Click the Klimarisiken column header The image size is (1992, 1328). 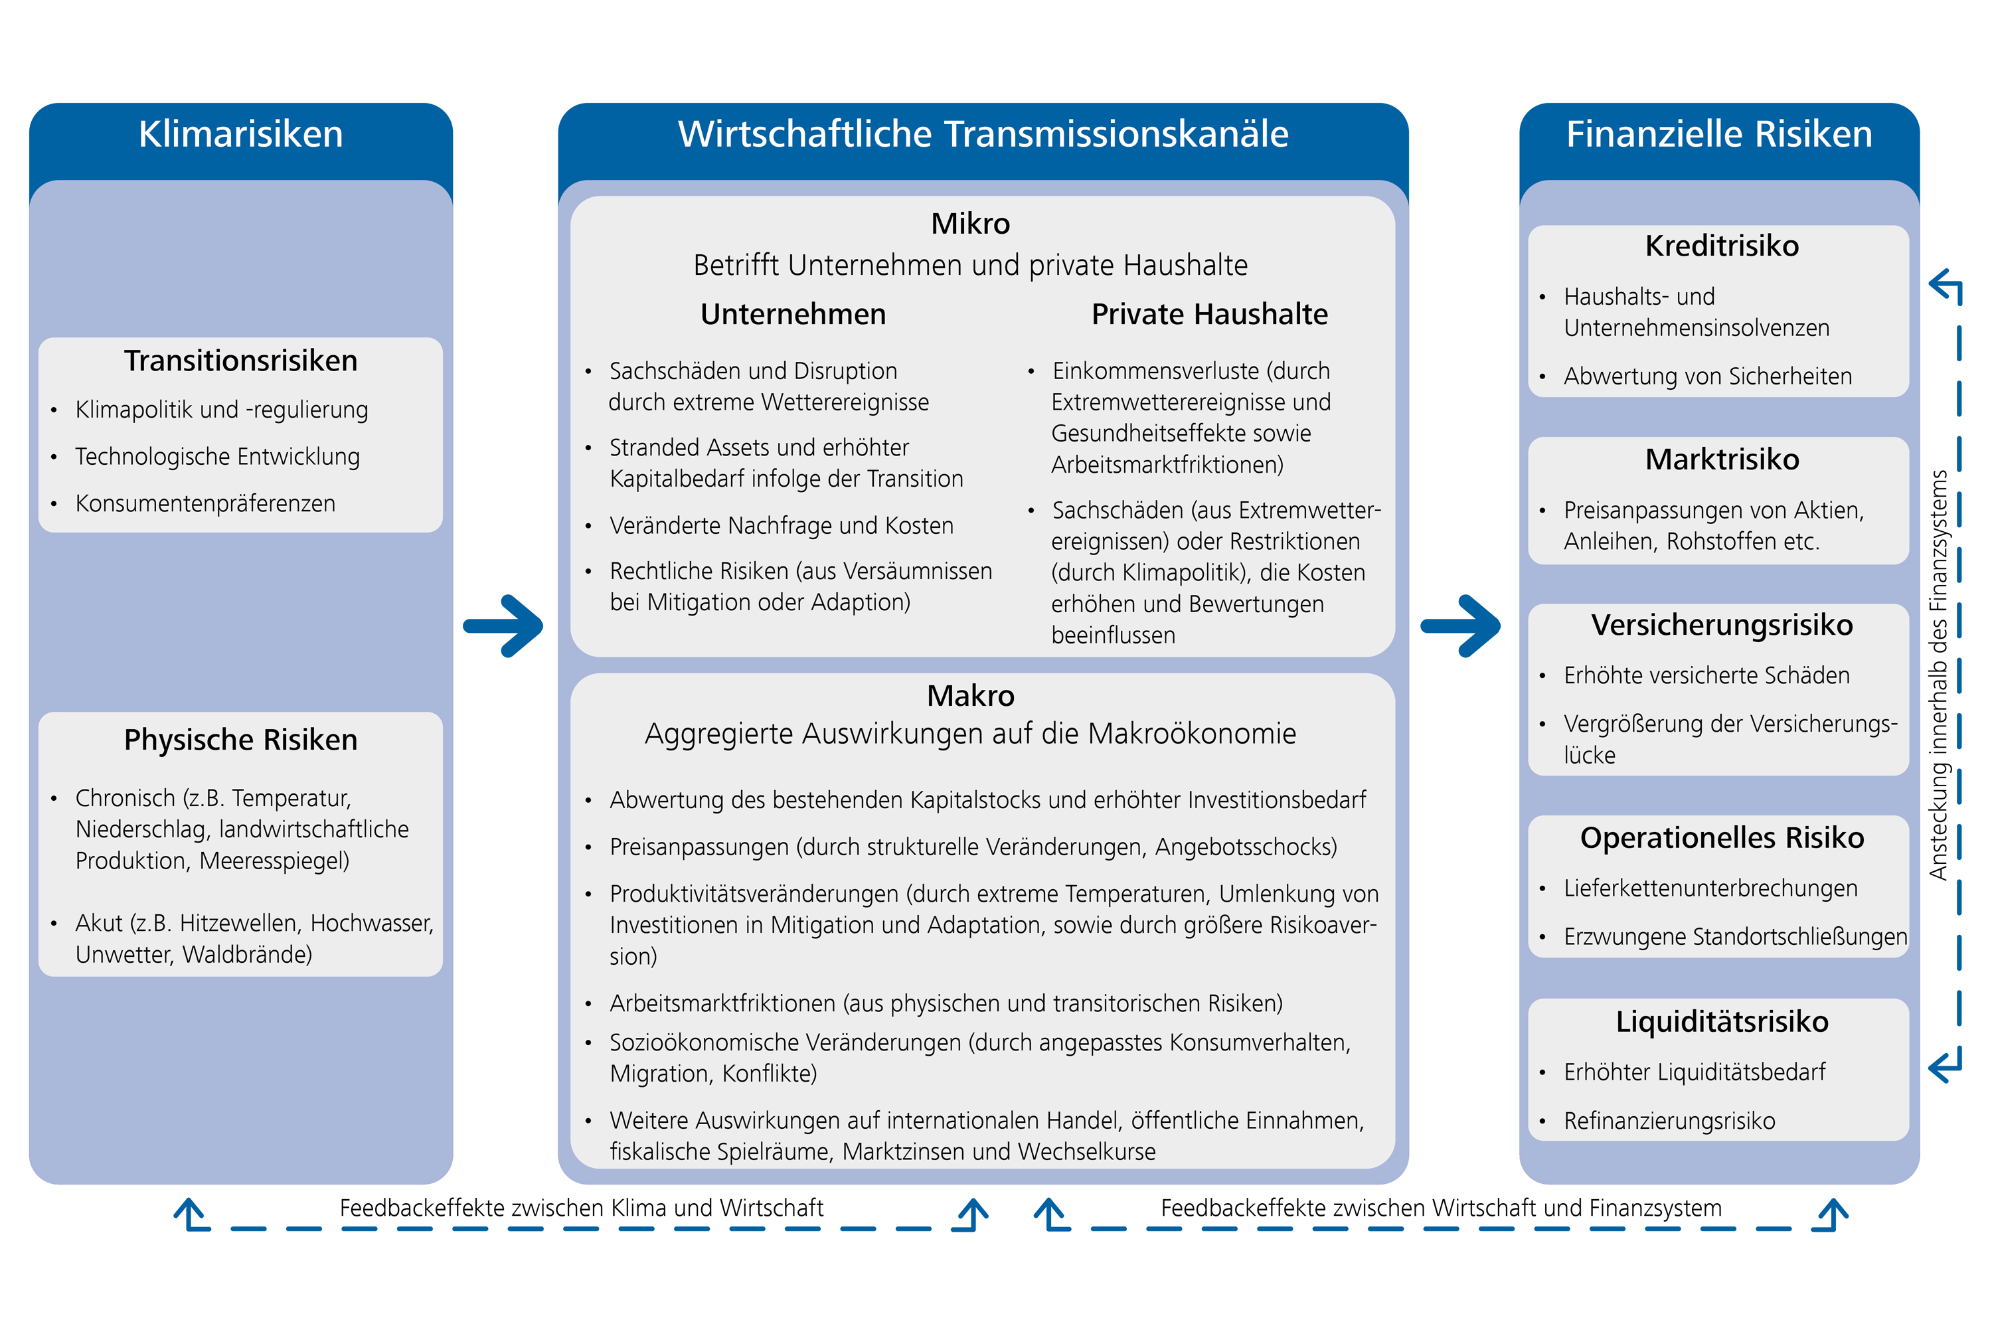pos(240,135)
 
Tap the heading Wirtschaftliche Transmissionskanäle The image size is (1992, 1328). pos(983,135)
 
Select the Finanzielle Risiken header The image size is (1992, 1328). pos(1718,135)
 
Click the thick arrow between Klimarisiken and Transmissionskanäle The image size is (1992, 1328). pos(505,626)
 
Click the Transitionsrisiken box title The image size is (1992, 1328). pos(240,361)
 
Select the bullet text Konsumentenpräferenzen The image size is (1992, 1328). pos(205,503)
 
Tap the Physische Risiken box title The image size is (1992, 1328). pos(240,740)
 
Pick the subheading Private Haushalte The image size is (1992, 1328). pos(1208,314)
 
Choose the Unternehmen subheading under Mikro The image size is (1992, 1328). pos(793,314)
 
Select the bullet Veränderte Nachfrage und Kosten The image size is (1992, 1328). pos(781,526)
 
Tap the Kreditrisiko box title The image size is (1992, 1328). pos(1721,246)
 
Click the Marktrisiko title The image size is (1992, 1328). pos(1721,459)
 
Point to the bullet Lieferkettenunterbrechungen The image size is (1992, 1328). pos(1710,888)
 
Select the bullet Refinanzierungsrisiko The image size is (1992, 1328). pos(1669,1121)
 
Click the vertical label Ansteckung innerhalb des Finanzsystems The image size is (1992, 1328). pos(1938,675)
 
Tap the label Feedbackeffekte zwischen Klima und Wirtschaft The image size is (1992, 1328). pos(581,1208)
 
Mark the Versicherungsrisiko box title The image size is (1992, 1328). pos(1721,625)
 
